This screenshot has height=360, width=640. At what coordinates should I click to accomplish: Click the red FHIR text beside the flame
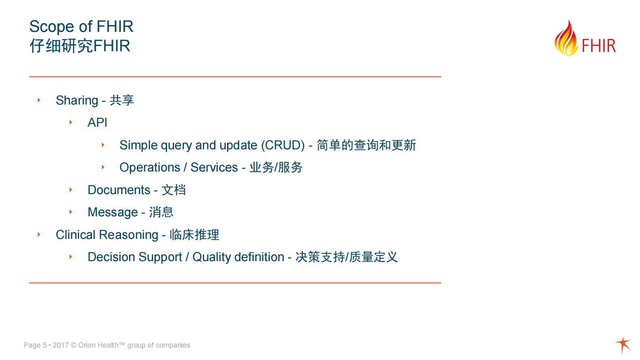(x=599, y=46)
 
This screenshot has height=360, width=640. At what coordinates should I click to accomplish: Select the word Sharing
(x=77, y=100)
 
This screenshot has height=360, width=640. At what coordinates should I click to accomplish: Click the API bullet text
(x=97, y=123)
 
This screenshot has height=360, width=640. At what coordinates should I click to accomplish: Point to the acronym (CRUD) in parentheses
(x=283, y=145)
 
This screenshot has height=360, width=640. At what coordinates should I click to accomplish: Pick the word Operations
(x=150, y=167)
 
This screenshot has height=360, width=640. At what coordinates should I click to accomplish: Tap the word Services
(x=214, y=167)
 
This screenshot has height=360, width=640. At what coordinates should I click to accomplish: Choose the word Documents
(x=119, y=190)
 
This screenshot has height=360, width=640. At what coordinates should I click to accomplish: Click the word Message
(x=113, y=212)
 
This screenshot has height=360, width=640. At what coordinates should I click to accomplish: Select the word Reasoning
(x=128, y=235)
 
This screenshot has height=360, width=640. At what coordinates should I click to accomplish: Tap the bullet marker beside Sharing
(x=39, y=100)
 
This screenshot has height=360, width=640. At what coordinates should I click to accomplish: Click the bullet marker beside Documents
(x=71, y=190)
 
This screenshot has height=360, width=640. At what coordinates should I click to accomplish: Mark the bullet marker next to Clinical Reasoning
(x=39, y=234)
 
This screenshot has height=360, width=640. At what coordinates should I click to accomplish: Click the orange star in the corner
(x=623, y=345)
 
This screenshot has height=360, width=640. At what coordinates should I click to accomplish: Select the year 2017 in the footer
(x=60, y=345)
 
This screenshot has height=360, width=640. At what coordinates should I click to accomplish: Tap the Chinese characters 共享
(x=122, y=100)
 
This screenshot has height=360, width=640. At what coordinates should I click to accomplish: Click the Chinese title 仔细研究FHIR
(x=80, y=46)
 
